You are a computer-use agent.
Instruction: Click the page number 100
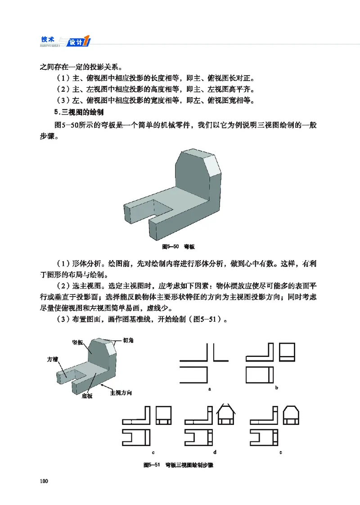(x=44, y=482)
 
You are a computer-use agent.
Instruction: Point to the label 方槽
(x=52, y=359)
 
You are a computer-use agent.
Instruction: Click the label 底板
(x=87, y=396)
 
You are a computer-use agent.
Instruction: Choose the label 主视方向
(x=121, y=393)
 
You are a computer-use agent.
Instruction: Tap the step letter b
(x=276, y=388)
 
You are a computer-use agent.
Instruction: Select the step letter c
(x=153, y=451)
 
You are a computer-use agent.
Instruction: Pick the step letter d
(x=215, y=451)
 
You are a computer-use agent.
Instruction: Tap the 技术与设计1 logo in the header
(x=65, y=41)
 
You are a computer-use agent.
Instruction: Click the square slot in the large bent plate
(x=161, y=209)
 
